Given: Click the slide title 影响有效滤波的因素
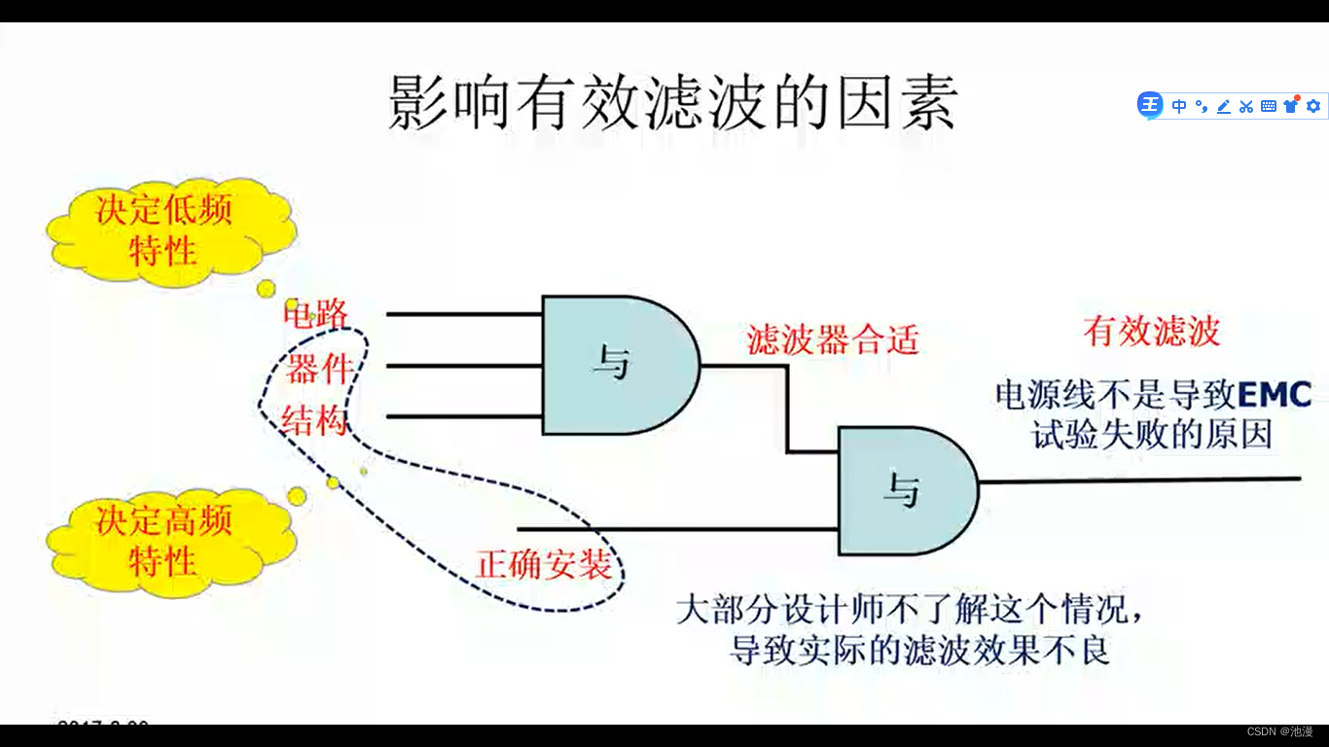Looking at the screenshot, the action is pyautogui.click(x=673, y=102).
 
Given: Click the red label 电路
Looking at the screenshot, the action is pyautogui.click(x=316, y=313).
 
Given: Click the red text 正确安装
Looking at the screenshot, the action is pyautogui.click(x=544, y=564).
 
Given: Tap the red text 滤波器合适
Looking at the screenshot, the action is pyautogui.click(x=833, y=339).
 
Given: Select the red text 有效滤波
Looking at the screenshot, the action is pyautogui.click(x=1151, y=332).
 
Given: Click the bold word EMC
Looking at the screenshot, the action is pyautogui.click(x=1275, y=395).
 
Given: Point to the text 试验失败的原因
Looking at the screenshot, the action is pyautogui.click(x=1152, y=435).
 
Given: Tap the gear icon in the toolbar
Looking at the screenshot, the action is pyautogui.click(x=1313, y=106).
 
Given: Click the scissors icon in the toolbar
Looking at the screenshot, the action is pyautogui.click(x=1246, y=106).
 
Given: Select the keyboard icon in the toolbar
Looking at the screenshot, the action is pyautogui.click(x=1269, y=106).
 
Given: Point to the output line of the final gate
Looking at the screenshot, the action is pyautogui.click(x=1138, y=479).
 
